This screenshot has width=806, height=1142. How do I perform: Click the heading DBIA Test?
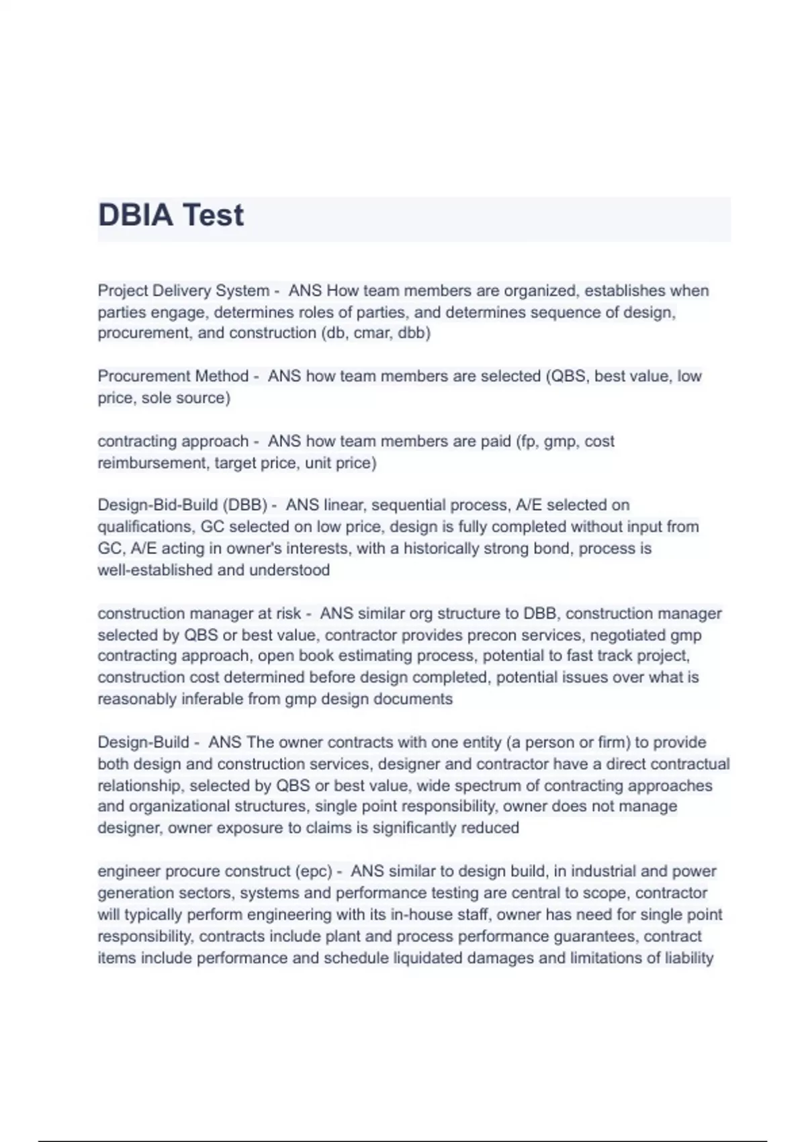(x=171, y=216)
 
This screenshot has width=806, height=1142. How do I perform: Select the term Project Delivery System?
(x=183, y=291)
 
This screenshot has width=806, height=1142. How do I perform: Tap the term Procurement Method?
(x=173, y=376)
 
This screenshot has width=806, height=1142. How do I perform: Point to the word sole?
(x=156, y=398)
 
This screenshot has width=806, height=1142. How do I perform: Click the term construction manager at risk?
(x=199, y=614)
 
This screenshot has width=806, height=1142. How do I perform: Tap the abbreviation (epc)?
(x=313, y=872)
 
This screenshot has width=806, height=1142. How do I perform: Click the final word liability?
(x=688, y=958)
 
